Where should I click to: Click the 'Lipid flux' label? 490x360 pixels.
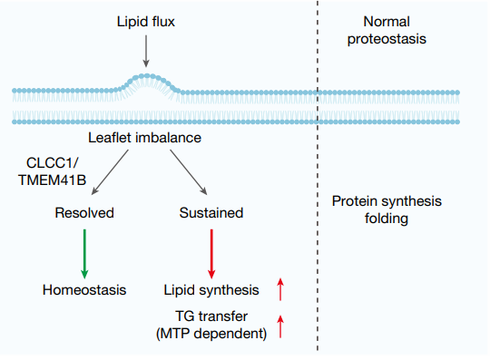pos(145,19)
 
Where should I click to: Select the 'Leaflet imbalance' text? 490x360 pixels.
pos(145,138)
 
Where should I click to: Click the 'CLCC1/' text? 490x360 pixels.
pos(54,163)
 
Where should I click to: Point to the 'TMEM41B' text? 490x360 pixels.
pos(54,180)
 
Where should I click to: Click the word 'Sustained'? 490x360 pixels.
pos(211,213)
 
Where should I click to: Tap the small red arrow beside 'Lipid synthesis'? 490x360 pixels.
pos(281,289)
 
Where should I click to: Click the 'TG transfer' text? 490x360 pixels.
pos(211,316)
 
